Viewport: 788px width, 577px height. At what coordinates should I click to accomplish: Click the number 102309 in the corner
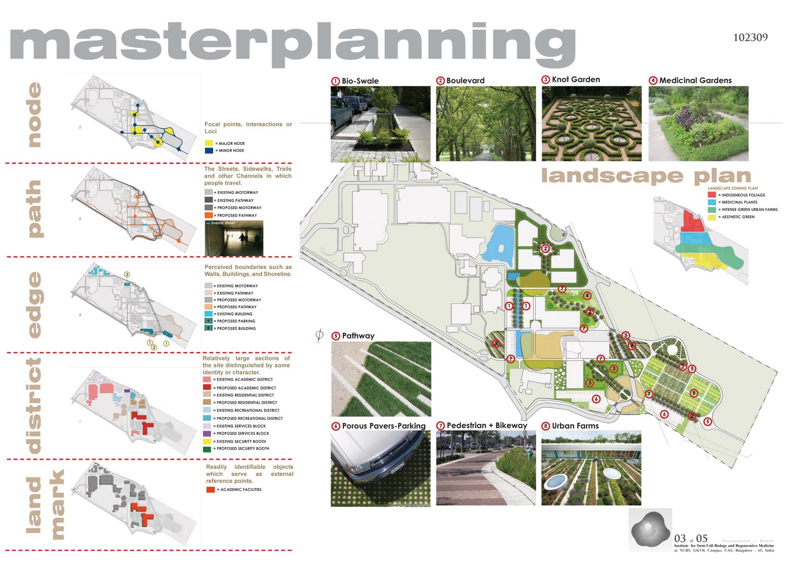[750, 37]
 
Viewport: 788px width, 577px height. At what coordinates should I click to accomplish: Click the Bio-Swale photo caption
[360, 81]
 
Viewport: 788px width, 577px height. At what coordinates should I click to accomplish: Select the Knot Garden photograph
[591, 123]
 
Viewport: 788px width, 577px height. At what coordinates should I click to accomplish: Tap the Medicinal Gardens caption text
[695, 80]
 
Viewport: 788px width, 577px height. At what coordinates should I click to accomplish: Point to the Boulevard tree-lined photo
[486, 123]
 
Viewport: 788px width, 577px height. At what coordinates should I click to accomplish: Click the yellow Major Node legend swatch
[209, 143]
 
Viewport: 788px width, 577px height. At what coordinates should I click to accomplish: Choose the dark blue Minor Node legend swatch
[209, 151]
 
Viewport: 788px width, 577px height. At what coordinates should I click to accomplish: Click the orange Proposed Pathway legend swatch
[209, 215]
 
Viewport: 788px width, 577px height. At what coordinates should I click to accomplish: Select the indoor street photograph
[234, 238]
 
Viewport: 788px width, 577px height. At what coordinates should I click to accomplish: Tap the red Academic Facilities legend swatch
[210, 489]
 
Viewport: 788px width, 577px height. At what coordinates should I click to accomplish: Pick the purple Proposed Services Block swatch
[207, 433]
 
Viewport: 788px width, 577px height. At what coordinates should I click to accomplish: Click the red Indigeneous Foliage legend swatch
[712, 195]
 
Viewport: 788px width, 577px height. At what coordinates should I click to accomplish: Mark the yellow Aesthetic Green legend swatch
[712, 216]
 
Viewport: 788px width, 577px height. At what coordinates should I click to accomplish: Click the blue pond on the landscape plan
[499, 243]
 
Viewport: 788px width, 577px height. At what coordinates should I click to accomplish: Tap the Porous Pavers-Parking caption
[383, 426]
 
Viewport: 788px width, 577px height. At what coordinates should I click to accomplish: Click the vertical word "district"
[34, 405]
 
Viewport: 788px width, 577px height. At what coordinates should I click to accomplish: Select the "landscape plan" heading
[646, 176]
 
